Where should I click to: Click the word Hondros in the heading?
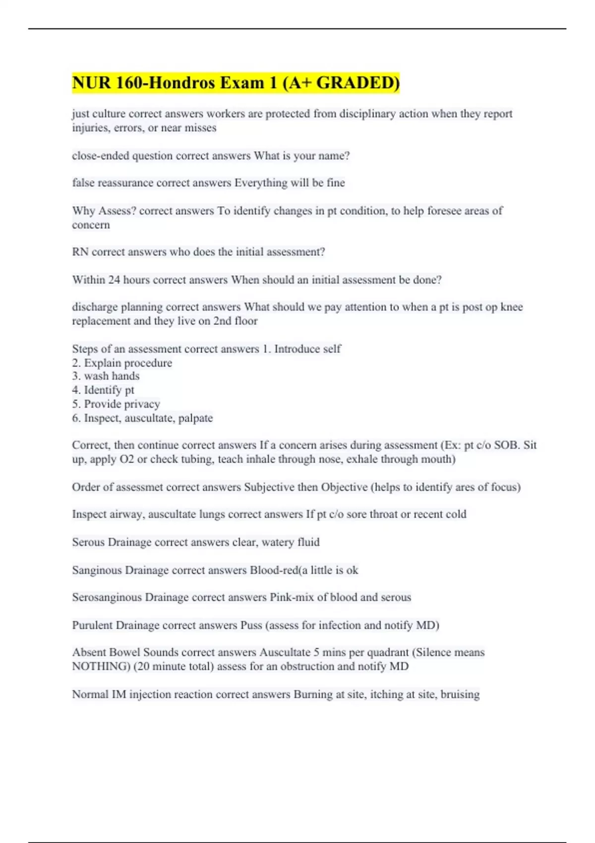pyautogui.click(x=182, y=83)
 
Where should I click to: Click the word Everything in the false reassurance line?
pyautogui.click(x=261, y=183)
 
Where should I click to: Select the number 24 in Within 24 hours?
pyautogui.click(x=114, y=280)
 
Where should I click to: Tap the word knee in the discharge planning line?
pyautogui.click(x=512, y=307)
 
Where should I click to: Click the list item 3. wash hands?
pyautogui.click(x=106, y=376)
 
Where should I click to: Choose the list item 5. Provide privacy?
pyautogui.click(x=116, y=404)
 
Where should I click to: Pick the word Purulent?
pyautogui.click(x=92, y=625)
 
